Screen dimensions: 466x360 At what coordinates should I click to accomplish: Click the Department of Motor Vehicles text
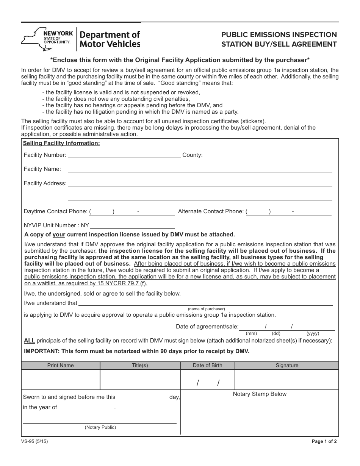[109, 39]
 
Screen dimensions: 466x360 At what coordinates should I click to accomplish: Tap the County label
[193, 155]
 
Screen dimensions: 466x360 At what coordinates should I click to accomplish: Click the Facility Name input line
[200, 170]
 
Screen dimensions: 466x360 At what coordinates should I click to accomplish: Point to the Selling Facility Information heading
[61, 143]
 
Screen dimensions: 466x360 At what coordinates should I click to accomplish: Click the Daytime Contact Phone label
[56, 211]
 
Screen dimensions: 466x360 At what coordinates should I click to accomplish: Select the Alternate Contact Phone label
[211, 211]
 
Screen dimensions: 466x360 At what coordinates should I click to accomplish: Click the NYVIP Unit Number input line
[132, 226]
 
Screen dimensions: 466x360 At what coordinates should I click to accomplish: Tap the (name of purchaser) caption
[206, 309]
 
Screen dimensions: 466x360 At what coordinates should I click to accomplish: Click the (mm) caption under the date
[251, 333]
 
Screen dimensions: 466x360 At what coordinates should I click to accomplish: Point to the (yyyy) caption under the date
[313, 333]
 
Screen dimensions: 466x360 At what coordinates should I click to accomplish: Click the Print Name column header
[61, 365]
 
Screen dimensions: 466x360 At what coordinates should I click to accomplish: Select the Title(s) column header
[140, 365]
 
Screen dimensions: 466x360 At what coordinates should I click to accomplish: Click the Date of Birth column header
[207, 365]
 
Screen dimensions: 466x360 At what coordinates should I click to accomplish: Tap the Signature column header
[287, 365]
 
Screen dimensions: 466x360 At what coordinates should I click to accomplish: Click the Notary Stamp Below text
[260, 394]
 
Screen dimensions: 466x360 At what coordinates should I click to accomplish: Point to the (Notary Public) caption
[100, 427]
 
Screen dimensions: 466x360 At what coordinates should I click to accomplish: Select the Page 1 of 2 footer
[324, 441]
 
